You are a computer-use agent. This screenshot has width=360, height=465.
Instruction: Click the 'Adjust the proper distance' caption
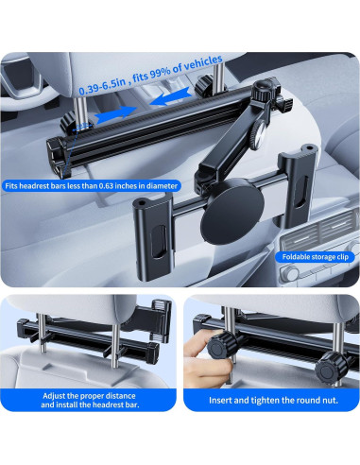pos(90,394)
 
